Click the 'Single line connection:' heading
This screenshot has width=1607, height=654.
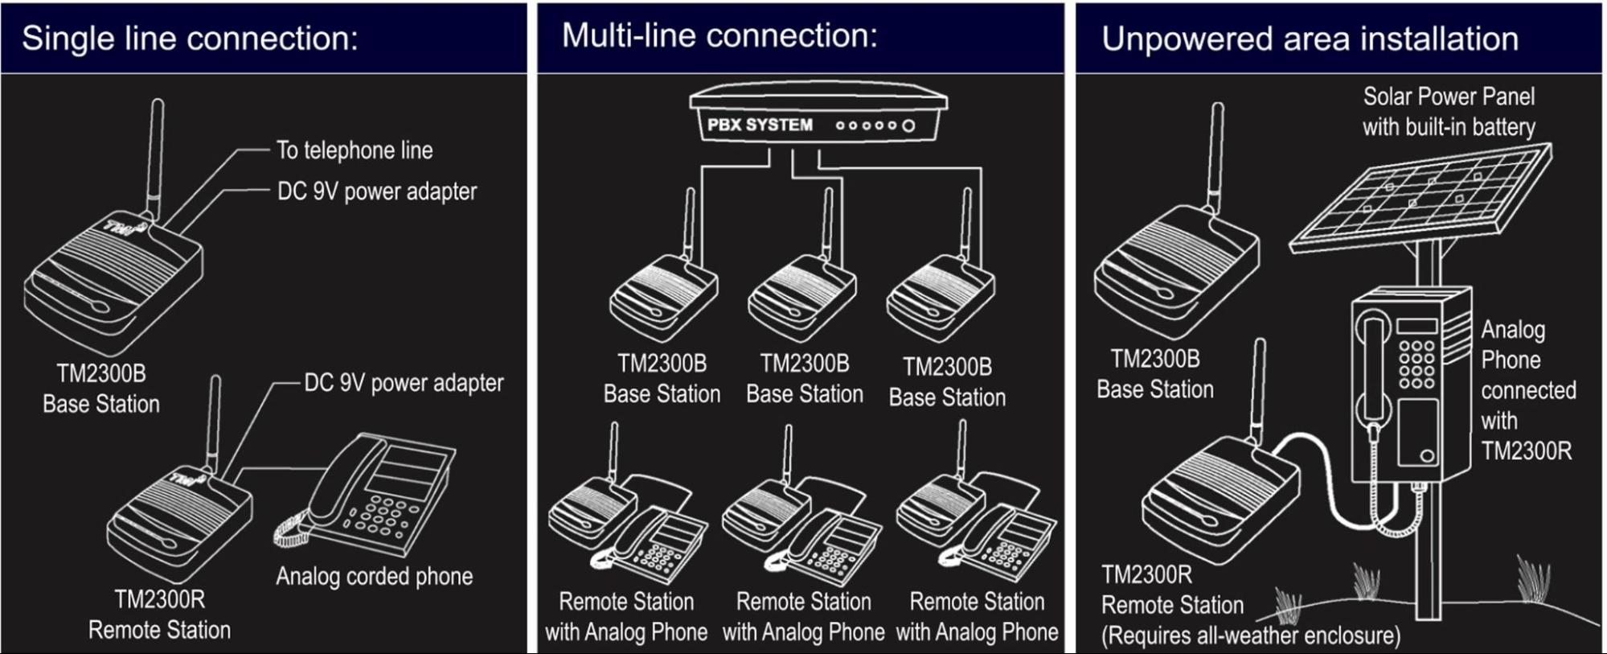coord(190,39)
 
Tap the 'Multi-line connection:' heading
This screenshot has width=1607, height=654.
coord(719,35)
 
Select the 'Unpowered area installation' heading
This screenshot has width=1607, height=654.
coord(1310,39)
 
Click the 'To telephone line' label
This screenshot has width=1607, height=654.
coord(355,150)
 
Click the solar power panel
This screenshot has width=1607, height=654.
coord(1421,199)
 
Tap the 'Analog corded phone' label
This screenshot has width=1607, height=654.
coord(374,576)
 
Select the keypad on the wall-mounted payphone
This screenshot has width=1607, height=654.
coord(1416,364)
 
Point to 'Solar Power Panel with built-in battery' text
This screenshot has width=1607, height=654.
coord(1449,112)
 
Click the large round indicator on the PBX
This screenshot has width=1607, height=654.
coord(908,125)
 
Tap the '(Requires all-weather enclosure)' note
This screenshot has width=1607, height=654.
coord(1250,635)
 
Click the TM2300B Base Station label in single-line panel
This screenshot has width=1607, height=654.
coord(101,389)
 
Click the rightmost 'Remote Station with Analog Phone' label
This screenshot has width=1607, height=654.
coord(977,616)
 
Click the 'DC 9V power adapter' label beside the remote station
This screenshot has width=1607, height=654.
coord(404,383)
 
